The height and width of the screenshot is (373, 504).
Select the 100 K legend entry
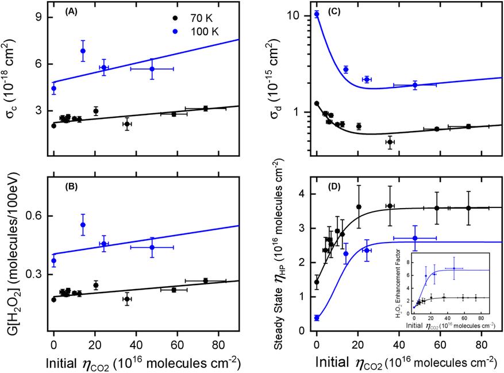pos(154,26)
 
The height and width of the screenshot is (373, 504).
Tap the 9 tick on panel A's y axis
pos(39,17)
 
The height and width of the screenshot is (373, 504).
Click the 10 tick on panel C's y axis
pos(298,15)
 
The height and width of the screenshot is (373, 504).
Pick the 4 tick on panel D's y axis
pos(303,194)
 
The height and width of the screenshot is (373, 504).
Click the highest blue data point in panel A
pos(83,51)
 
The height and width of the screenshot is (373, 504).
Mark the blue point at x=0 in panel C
pos(317,14)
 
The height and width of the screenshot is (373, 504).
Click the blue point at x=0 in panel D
pos(317,318)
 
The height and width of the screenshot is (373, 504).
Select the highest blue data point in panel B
pos(83,225)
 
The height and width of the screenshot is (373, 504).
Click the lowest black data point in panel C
pos(390,142)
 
